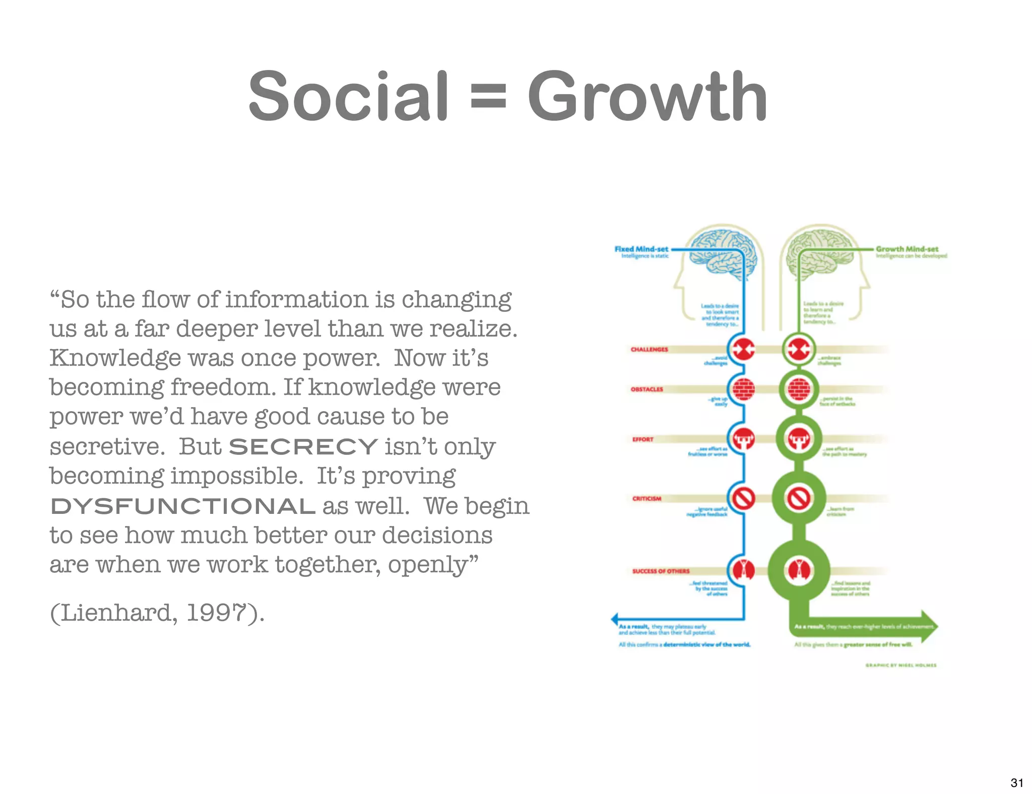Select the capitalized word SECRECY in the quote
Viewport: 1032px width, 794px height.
point(303,446)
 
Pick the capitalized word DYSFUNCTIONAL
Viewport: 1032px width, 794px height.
point(183,506)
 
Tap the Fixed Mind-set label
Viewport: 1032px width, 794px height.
point(641,249)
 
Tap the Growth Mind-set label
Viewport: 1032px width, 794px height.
point(907,249)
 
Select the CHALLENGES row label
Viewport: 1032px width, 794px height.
point(649,349)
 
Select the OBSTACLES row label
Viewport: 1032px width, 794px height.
point(647,389)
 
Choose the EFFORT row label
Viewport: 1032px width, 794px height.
point(642,439)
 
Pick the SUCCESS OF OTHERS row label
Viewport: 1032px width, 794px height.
point(661,571)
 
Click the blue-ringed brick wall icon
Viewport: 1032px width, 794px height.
point(743,389)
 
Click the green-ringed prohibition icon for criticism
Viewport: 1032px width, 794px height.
point(799,499)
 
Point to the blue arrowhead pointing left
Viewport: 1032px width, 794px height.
point(615,619)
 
